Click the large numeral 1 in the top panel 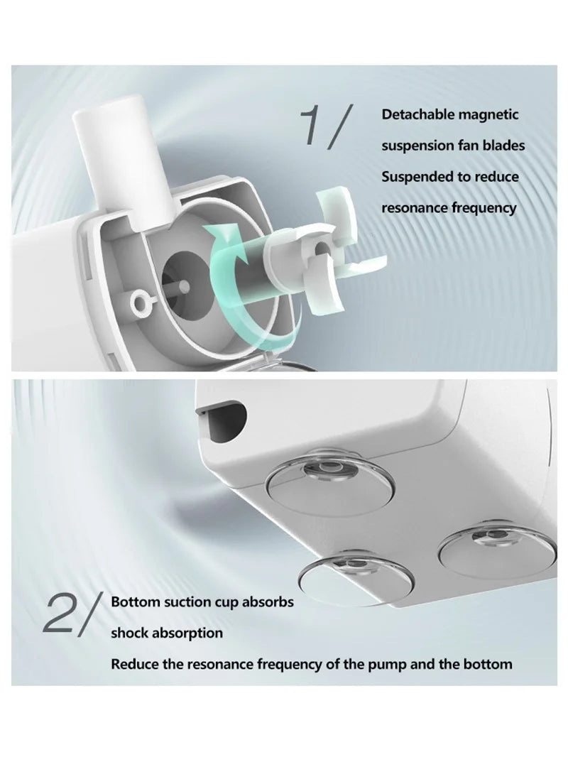tap(314, 126)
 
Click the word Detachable tap(418, 114)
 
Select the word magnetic tap(488, 115)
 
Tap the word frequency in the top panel tap(484, 208)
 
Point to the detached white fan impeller tap(327, 251)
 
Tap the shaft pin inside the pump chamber tap(184, 288)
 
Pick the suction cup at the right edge tap(498, 548)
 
